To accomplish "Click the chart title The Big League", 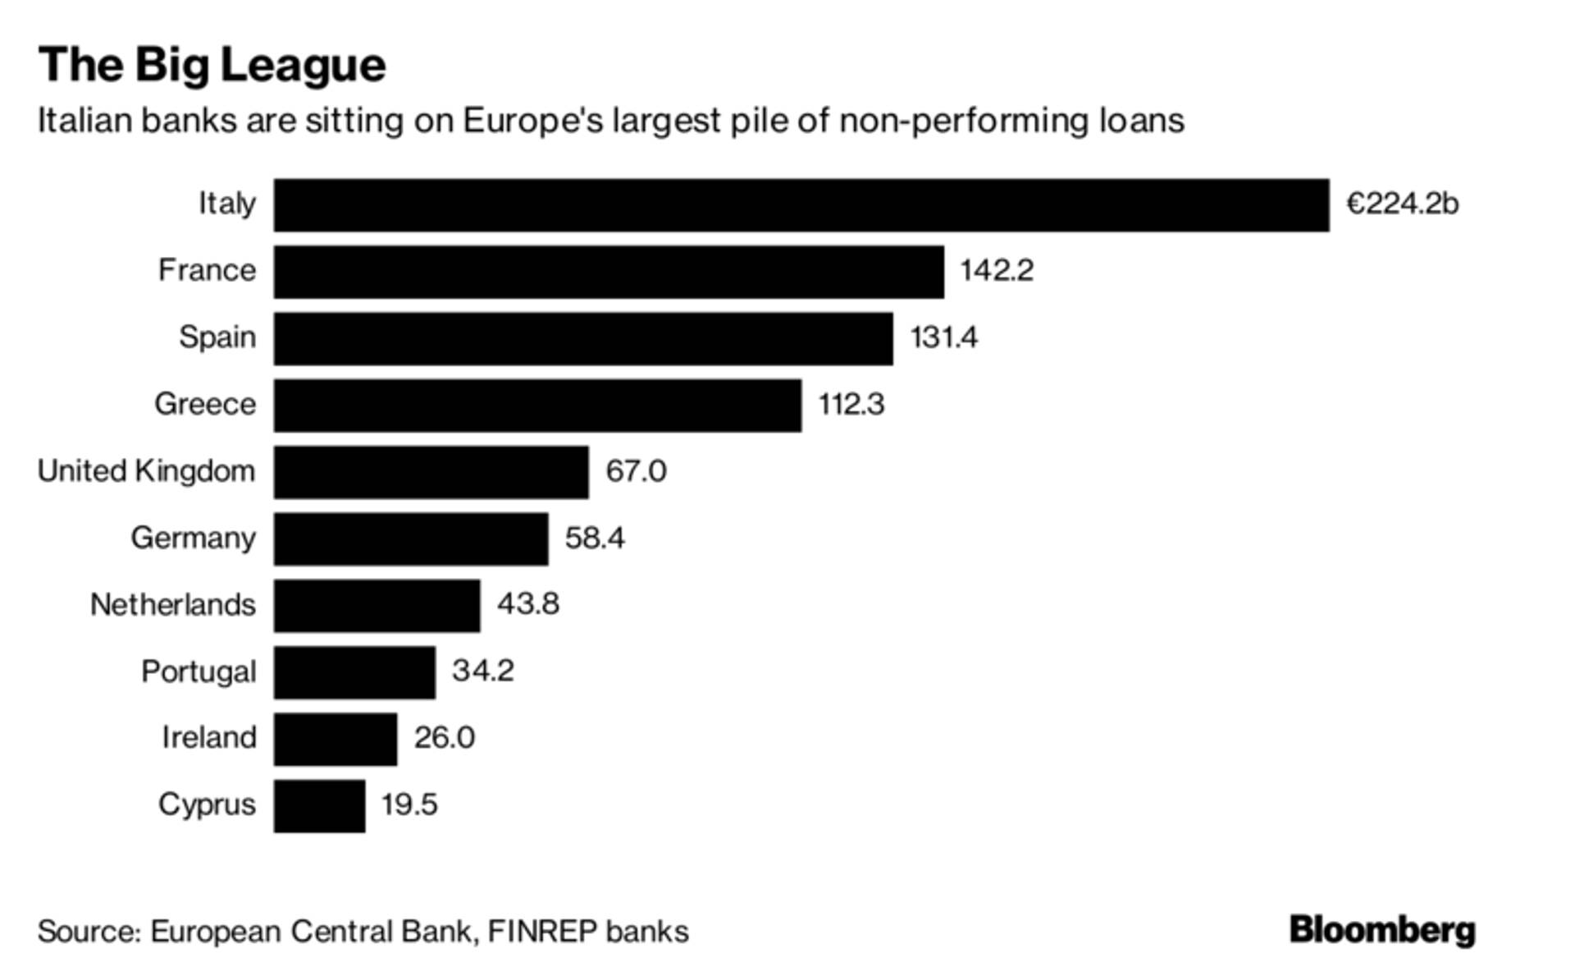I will [212, 65].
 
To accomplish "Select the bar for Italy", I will [801, 204].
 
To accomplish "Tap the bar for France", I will [609, 272].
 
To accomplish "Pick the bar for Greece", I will [537, 406].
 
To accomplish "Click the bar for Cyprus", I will [319, 806].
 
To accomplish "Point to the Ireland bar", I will [335, 739].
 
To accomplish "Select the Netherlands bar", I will [377, 606].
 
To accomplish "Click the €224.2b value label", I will [1402, 204].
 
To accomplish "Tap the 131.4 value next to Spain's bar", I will [943, 337].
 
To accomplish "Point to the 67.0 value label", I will [636, 471].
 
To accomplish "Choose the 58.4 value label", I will [595, 538].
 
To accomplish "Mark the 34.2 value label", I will [482, 671].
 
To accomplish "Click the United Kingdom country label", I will [146, 471].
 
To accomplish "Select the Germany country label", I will [193, 538].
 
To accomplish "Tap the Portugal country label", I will [199, 672].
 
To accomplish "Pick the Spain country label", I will [217, 337].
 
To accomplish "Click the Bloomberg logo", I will [1382, 930].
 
